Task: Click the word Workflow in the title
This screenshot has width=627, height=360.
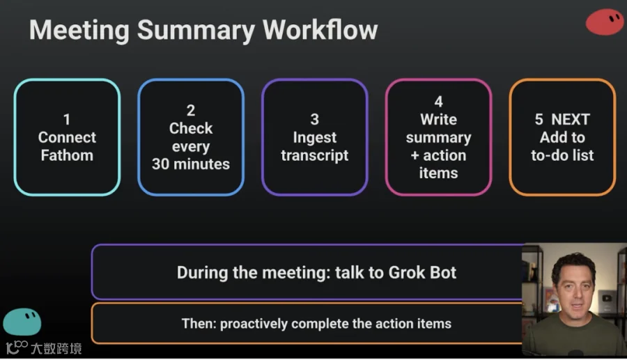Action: click(320, 30)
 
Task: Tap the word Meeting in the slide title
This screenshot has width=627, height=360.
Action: click(79, 31)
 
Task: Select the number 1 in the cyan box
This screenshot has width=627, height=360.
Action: click(67, 119)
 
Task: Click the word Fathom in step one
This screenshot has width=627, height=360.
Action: click(67, 155)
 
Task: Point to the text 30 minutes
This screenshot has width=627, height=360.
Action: click(191, 164)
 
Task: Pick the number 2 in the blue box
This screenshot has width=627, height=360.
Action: click(191, 110)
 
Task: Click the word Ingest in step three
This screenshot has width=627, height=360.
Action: click(315, 138)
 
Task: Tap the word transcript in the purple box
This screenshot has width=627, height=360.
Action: click(315, 155)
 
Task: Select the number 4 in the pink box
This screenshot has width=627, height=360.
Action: click(439, 102)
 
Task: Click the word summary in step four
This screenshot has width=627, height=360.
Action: click(439, 138)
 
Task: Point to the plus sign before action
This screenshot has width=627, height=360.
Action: click(415, 155)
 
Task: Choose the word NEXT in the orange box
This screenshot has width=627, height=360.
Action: click(571, 119)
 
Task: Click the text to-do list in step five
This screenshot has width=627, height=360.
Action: click(562, 155)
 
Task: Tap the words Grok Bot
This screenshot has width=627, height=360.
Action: click(422, 272)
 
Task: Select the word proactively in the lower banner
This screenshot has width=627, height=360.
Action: click(254, 324)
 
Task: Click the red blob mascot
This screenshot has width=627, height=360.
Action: click(604, 22)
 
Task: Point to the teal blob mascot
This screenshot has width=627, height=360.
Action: click(22, 322)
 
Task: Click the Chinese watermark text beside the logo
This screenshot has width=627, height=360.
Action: click(56, 348)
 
